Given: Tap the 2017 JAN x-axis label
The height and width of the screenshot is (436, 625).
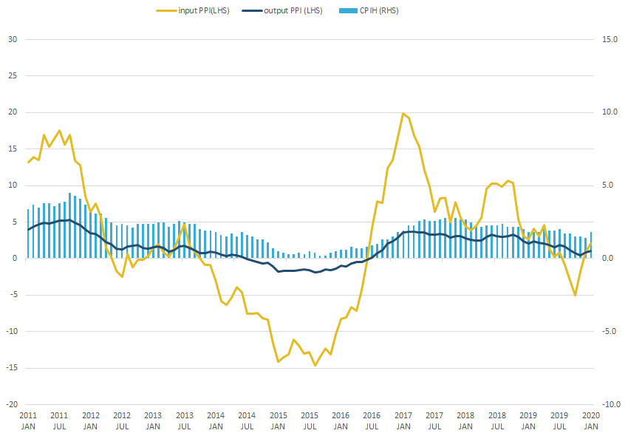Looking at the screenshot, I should pos(403,420).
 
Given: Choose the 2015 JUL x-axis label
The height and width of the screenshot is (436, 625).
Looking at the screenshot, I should pos(310,420).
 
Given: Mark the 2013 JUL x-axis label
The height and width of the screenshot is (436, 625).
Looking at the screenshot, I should pos(185,420).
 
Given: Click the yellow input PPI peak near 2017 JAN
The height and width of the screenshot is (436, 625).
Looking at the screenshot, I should pos(403,114).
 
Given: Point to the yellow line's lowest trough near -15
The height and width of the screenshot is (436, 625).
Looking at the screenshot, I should pos(315,365).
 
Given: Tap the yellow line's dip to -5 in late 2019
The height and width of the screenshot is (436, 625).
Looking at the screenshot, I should pos(575,295).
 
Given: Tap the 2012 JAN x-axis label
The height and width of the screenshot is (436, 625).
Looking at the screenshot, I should pos(90,420).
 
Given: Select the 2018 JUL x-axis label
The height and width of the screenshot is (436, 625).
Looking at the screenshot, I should pos(498,420).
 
